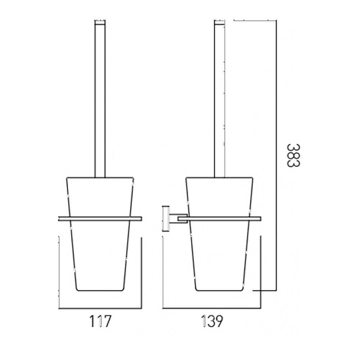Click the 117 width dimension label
[x=99, y=321]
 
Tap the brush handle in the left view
[x=100, y=101]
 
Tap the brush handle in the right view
[x=219, y=101]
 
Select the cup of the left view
[x=100, y=252]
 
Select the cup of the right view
[x=219, y=252]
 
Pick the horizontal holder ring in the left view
[x=100, y=219]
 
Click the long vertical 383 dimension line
[x=276, y=155]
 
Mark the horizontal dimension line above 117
[x=100, y=308]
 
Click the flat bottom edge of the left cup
[x=100, y=290]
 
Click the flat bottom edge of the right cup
[x=219, y=290]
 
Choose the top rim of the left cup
[x=100, y=177]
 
